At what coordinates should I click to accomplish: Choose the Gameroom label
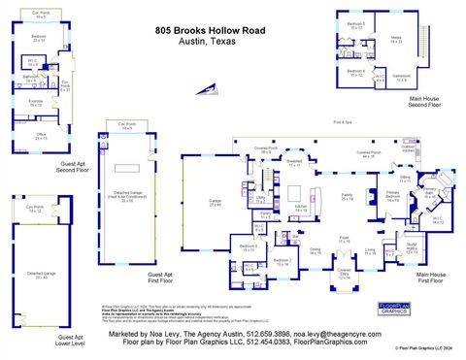pyautogui.click(x=428, y=78)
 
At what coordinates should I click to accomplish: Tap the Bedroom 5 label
pyautogui.click(x=356, y=25)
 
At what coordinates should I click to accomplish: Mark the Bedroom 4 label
pyautogui.click(x=356, y=71)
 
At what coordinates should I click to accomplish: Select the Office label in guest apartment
pyautogui.click(x=40, y=138)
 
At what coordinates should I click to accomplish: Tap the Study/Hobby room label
pyautogui.click(x=412, y=245)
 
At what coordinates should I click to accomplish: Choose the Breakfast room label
pyautogui.click(x=294, y=163)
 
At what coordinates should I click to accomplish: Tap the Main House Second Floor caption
pyautogui.click(x=430, y=102)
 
